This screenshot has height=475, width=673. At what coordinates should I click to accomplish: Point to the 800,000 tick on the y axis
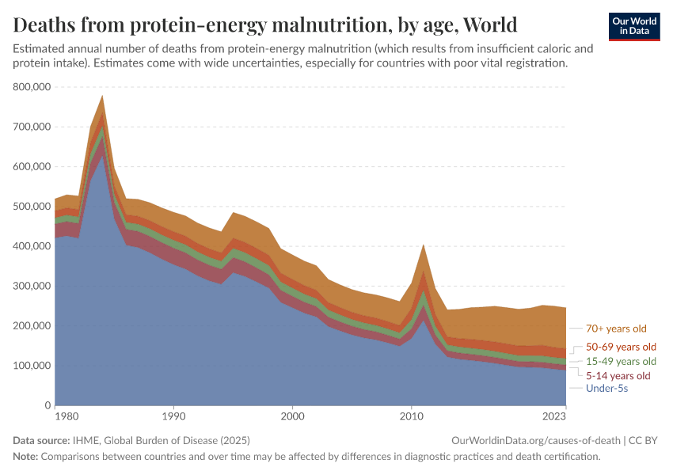[x=32, y=86]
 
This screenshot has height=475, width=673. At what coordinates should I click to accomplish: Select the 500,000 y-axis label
[x=32, y=207]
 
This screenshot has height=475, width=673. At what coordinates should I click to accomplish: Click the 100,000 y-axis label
[x=32, y=366]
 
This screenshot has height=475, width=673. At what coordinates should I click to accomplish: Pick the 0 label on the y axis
[x=48, y=405]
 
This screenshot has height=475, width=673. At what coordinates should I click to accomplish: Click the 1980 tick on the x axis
[x=66, y=416]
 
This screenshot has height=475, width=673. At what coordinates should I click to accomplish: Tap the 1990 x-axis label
[x=173, y=416]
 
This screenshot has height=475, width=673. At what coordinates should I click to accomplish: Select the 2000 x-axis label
[x=292, y=416]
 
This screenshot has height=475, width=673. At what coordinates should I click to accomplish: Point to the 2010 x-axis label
[x=411, y=416]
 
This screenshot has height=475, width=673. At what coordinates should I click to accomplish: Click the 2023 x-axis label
[x=553, y=416]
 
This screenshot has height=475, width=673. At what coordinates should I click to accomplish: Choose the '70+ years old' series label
[x=617, y=328]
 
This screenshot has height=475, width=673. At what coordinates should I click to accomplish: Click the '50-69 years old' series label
[x=621, y=347]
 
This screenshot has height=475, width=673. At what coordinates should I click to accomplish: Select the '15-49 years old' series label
[x=621, y=361]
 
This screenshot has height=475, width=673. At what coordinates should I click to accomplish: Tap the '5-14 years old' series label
[x=618, y=375]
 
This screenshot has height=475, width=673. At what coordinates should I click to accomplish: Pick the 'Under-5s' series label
[x=606, y=389]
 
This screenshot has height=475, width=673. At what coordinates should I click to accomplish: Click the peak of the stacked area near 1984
[x=102, y=96]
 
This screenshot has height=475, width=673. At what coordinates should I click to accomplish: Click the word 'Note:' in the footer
[x=25, y=457]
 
